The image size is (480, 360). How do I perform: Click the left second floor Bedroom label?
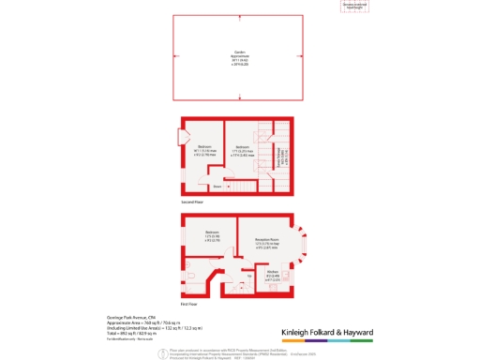pyautogui.click(x=203, y=147)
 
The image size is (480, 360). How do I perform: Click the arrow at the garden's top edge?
pyautogui.click(x=239, y=16)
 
